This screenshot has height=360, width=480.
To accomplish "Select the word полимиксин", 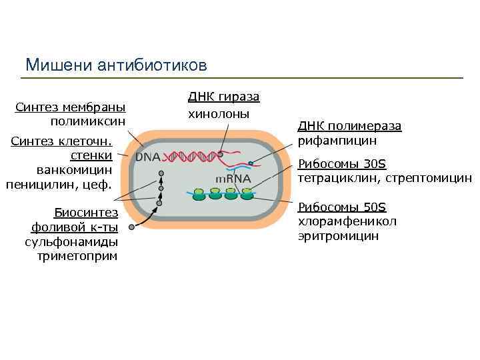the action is coord(88,121).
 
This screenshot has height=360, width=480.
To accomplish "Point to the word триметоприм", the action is coord(78,255).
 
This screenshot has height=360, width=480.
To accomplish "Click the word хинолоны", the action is coord(219,114).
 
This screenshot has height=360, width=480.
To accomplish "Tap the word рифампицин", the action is coord(337,141).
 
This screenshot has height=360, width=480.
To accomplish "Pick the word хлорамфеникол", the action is coord(347,221).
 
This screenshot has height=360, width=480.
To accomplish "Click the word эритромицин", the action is coord(338,236).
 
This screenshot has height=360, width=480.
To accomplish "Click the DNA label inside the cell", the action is coord(148,157).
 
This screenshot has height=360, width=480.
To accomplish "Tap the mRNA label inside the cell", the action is coord(233,179).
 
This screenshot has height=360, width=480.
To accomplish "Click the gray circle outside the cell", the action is coord(132,227).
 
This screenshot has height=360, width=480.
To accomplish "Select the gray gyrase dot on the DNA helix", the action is coord(220,153).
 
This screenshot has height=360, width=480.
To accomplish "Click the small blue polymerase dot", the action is coord(251,163).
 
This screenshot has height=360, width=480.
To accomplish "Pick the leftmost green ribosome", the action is coord(198,194).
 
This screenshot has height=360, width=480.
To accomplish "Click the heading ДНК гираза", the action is coord(224,97).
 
